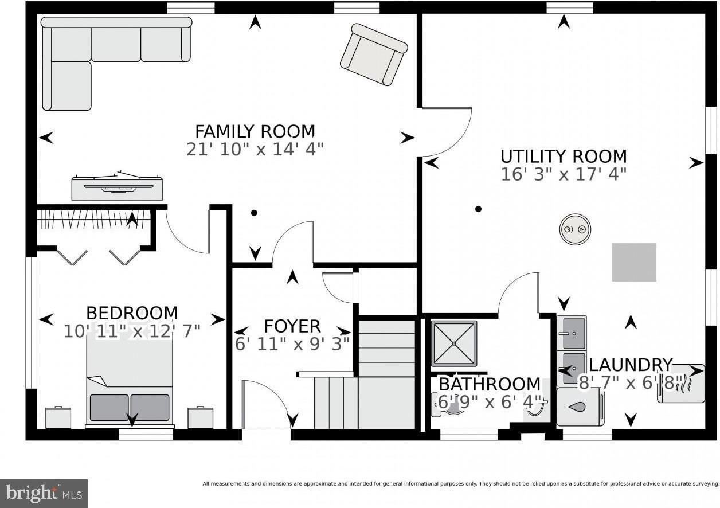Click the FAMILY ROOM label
coord(255,131)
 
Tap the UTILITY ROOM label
coord(564,157)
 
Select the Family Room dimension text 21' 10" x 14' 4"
coord(255,149)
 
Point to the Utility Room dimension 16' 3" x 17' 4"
coord(564,174)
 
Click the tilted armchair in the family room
coord(374,54)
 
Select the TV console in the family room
coord(117,186)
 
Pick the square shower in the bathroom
coord(454,343)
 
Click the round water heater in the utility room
coord(575,229)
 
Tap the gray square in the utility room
coord(634,262)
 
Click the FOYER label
coord(292,326)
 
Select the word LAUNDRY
coord(631,365)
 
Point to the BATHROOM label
coord(490,384)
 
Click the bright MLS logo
coord(44,494)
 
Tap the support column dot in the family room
coord(254,213)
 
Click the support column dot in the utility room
coord(478,209)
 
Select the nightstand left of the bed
coord(58,417)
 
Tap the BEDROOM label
coord(132,313)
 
